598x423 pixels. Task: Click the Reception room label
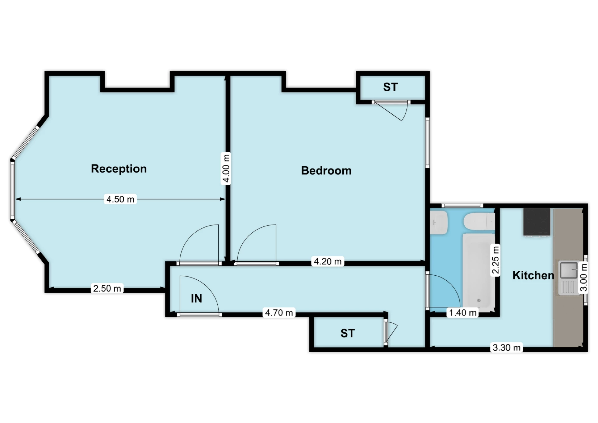(119, 169)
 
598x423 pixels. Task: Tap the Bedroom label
(326, 171)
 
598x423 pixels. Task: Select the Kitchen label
(533, 275)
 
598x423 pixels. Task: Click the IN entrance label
(196, 298)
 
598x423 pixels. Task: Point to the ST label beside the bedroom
(390, 87)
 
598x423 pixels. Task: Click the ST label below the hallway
(348, 333)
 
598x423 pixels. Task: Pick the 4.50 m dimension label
(120, 199)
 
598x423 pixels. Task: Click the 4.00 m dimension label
(226, 168)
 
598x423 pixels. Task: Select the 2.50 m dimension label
(107, 288)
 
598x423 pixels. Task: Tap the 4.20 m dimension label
(328, 261)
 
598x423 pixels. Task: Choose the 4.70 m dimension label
(279, 312)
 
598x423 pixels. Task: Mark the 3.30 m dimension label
(506, 347)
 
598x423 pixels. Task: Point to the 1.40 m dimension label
(463, 312)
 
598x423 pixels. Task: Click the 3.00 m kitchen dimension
(584, 277)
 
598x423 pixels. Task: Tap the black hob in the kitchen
(537, 222)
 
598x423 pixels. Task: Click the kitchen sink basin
(569, 270)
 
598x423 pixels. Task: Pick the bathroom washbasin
(439, 222)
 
